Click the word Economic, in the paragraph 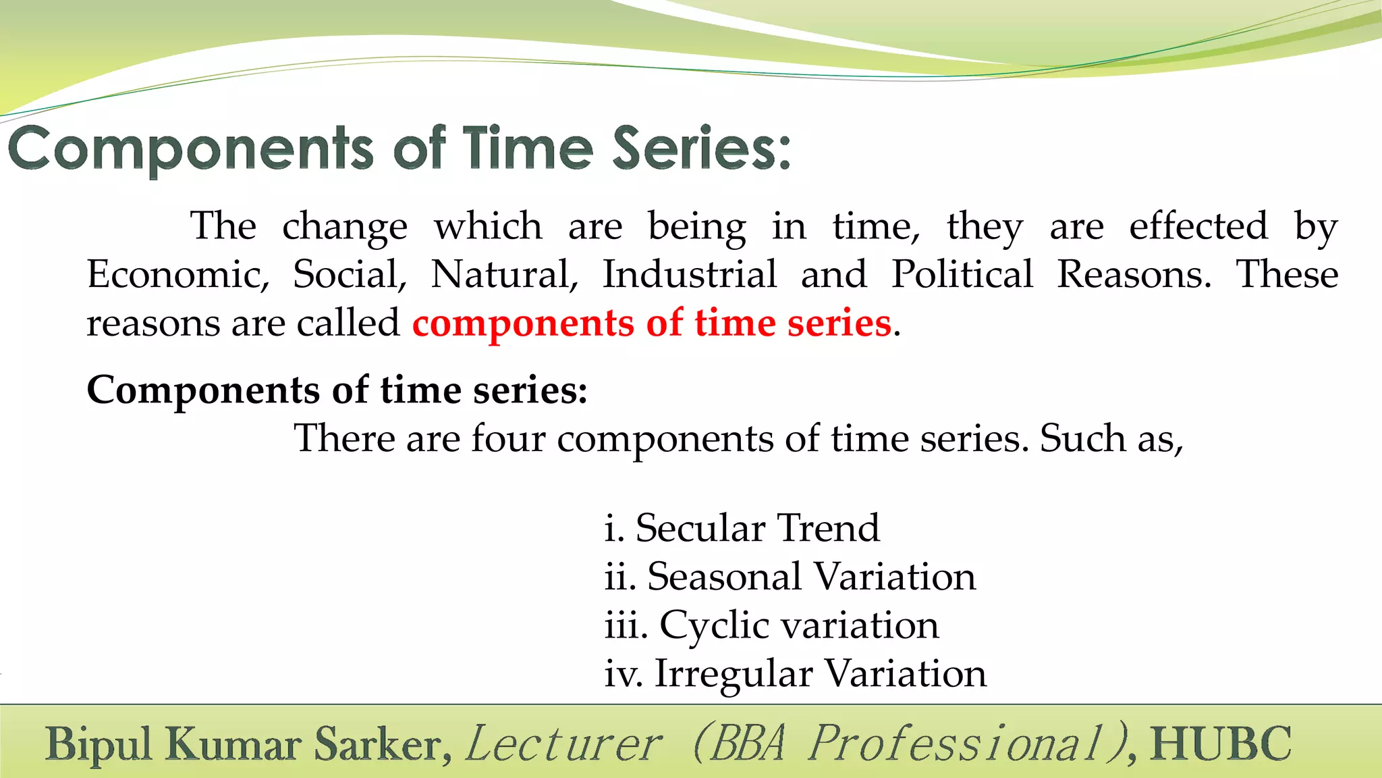(x=177, y=275)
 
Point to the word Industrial (x=689, y=275)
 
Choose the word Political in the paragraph (x=962, y=275)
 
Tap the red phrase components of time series (x=652, y=323)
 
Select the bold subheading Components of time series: (x=337, y=390)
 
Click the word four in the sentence (x=508, y=439)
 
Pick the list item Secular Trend (x=757, y=528)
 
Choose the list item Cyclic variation (x=798, y=625)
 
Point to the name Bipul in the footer (x=99, y=744)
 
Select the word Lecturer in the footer (x=564, y=744)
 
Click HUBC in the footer (x=1221, y=744)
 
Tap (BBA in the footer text (x=739, y=744)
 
